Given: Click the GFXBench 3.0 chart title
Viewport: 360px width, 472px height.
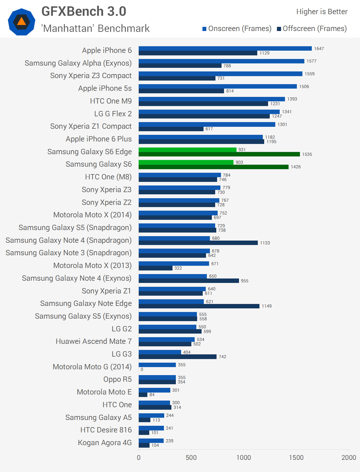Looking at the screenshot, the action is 84,11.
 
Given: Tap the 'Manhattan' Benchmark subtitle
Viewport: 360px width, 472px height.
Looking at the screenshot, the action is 95,28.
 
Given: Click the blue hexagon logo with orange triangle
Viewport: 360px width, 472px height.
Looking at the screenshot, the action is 22,22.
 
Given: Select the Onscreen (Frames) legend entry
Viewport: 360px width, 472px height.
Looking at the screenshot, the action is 237,29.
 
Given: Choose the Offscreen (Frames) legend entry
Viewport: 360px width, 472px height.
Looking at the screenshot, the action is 312,29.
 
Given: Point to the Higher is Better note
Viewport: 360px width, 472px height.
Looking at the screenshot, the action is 322,12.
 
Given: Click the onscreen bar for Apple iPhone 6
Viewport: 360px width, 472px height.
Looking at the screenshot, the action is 225,48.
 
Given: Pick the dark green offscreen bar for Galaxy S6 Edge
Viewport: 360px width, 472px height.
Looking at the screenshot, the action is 219,154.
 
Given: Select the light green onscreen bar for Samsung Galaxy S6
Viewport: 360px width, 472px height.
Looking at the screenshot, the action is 186,162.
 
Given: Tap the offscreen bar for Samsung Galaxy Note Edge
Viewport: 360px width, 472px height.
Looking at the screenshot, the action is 199,306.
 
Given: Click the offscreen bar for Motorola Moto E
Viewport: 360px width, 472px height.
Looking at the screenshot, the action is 143,394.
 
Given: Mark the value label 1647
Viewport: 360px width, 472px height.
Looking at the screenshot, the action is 319,49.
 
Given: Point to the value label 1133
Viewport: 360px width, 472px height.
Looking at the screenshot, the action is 265,243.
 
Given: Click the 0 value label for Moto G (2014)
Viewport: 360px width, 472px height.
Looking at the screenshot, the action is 142,369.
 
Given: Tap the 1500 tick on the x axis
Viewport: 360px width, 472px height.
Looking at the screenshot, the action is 296,457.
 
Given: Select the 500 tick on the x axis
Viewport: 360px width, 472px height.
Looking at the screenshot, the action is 191,457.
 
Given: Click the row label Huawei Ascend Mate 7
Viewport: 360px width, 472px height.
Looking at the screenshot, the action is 94,341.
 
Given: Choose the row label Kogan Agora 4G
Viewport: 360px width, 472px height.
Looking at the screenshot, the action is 105,443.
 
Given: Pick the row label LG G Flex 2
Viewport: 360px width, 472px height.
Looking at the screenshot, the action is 113,114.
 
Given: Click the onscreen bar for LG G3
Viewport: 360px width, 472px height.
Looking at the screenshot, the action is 160,352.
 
